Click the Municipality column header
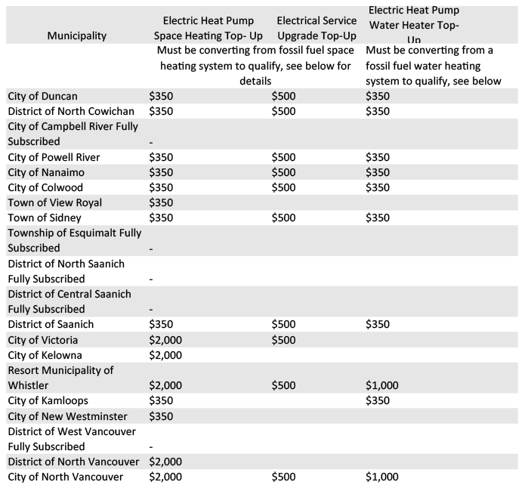click(x=76, y=36)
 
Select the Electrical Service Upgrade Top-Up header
click(x=317, y=28)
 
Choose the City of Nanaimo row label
click(x=49, y=172)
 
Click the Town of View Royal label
click(x=54, y=202)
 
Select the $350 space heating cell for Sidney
click(x=162, y=218)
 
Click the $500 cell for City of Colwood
click(x=284, y=187)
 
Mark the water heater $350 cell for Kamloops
click(x=378, y=400)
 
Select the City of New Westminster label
click(x=67, y=416)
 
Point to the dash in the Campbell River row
click(x=152, y=141)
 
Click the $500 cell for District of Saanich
click(x=284, y=324)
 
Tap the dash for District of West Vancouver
click(x=152, y=446)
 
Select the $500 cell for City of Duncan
click(x=284, y=96)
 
